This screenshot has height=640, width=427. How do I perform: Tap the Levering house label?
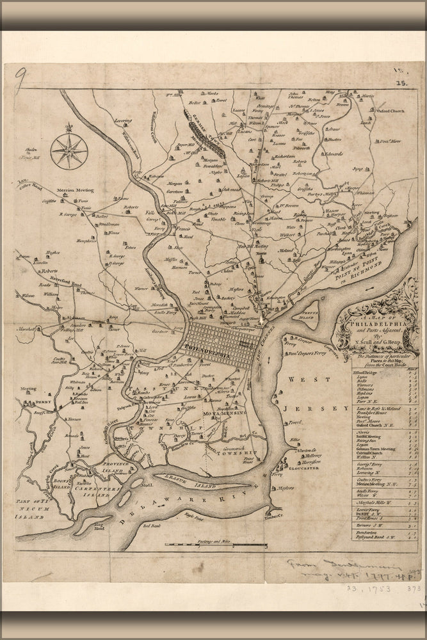124,120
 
